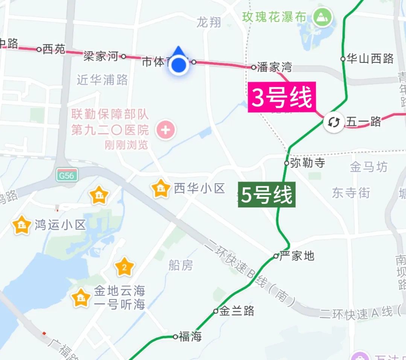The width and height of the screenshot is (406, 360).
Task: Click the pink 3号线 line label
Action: tap(281, 98)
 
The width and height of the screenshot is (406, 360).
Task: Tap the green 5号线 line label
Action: tap(266, 195)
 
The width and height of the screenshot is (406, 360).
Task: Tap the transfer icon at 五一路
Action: tap(334, 122)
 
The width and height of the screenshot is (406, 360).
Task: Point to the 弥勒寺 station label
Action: tap(307, 163)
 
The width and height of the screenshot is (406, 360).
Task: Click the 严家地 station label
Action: tap(297, 256)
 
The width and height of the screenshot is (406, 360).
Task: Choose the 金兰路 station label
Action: tap(237, 311)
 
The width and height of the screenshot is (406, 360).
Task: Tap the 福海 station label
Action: tap(190, 337)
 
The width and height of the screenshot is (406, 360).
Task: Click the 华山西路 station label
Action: tap(370, 59)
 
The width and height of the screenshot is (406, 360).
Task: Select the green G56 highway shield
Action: tap(68, 175)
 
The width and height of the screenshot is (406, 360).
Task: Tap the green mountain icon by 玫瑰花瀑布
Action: tap(322, 17)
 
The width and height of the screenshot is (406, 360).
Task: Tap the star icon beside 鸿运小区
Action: tap(22, 225)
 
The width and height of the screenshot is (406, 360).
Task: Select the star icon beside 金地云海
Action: tap(81, 298)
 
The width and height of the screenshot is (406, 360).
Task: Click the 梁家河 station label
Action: tap(101, 56)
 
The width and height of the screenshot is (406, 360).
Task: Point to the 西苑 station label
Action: tap(54, 49)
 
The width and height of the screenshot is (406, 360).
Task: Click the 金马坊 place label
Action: tap(368, 167)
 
